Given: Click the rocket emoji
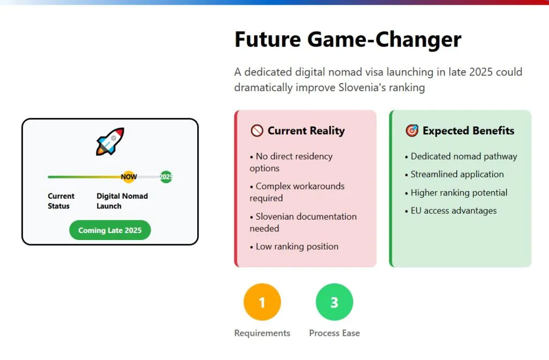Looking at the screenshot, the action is click(110, 141).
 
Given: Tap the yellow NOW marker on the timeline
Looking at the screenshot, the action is click(129, 177).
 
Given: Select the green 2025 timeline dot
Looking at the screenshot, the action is click(166, 177).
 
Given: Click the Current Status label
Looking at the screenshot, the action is click(61, 201).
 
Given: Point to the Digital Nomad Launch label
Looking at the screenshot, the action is click(122, 201).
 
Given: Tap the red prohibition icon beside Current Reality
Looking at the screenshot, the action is click(257, 131).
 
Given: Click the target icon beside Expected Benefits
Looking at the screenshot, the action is click(412, 131).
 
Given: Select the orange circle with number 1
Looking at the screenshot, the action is click(262, 302).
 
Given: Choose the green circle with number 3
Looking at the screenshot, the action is click(335, 302).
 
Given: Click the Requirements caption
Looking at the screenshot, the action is click(262, 333).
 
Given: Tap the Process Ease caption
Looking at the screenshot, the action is click(335, 333).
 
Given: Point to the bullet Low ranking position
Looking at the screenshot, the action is click(294, 246).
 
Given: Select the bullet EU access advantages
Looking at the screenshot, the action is click(450, 211).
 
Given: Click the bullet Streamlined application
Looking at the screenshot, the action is click(454, 174).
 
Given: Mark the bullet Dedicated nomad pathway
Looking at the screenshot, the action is click(461, 156).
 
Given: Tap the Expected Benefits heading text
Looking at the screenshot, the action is click(469, 131).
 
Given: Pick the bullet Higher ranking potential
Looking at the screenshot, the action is click(456, 193).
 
